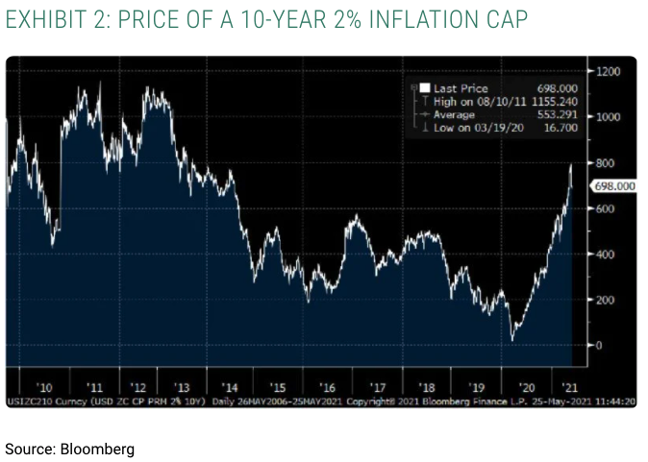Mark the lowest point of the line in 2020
click(x=512, y=339)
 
